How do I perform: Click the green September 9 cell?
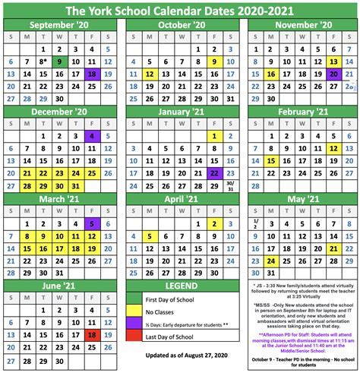59,62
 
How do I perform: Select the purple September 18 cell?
92,74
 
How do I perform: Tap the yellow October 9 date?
215,62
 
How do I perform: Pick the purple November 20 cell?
334,74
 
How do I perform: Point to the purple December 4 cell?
92,137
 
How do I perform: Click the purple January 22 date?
215,174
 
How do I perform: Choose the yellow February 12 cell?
334,149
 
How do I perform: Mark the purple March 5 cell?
92,223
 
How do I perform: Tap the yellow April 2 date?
215,223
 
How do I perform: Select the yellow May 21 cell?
334,248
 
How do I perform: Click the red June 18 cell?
92,335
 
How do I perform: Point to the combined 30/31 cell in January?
231,186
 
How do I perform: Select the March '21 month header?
59,198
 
